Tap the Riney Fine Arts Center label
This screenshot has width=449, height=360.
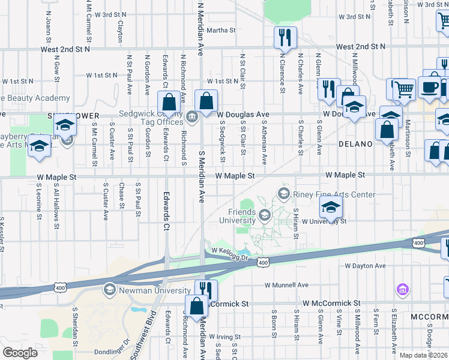tap(334, 194)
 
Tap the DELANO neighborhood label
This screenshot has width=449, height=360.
tap(355, 144)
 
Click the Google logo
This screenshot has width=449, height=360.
tap(20, 353)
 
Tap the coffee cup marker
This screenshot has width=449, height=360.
tap(429, 88)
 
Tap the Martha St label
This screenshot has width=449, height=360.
tap(220, 31)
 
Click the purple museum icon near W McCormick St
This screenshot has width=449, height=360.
tap(402, 290)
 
